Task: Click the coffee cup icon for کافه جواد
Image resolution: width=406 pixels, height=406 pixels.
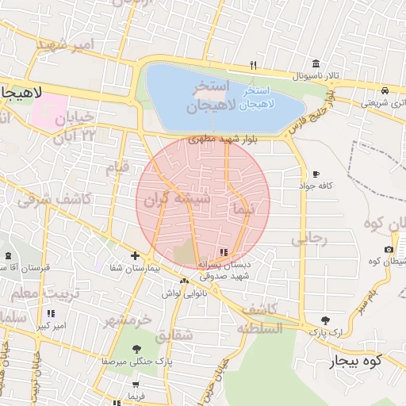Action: [316, 174]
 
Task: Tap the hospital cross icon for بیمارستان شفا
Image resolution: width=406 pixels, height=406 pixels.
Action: [136, 255]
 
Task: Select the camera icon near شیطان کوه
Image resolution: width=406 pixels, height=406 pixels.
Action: [389, 250]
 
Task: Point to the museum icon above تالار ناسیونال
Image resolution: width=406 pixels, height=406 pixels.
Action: [316, 64]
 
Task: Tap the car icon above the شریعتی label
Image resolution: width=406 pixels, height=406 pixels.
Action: [385, 90]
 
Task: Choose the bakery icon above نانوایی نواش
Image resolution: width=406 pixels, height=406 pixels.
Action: [184, 281]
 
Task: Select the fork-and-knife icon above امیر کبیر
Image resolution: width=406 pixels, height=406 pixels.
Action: [52, 314]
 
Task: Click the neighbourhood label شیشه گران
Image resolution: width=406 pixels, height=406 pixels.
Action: [167, 201]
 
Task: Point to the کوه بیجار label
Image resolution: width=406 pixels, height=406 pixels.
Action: [356, 362]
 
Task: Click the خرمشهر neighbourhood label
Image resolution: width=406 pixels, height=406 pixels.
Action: [127, 320]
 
